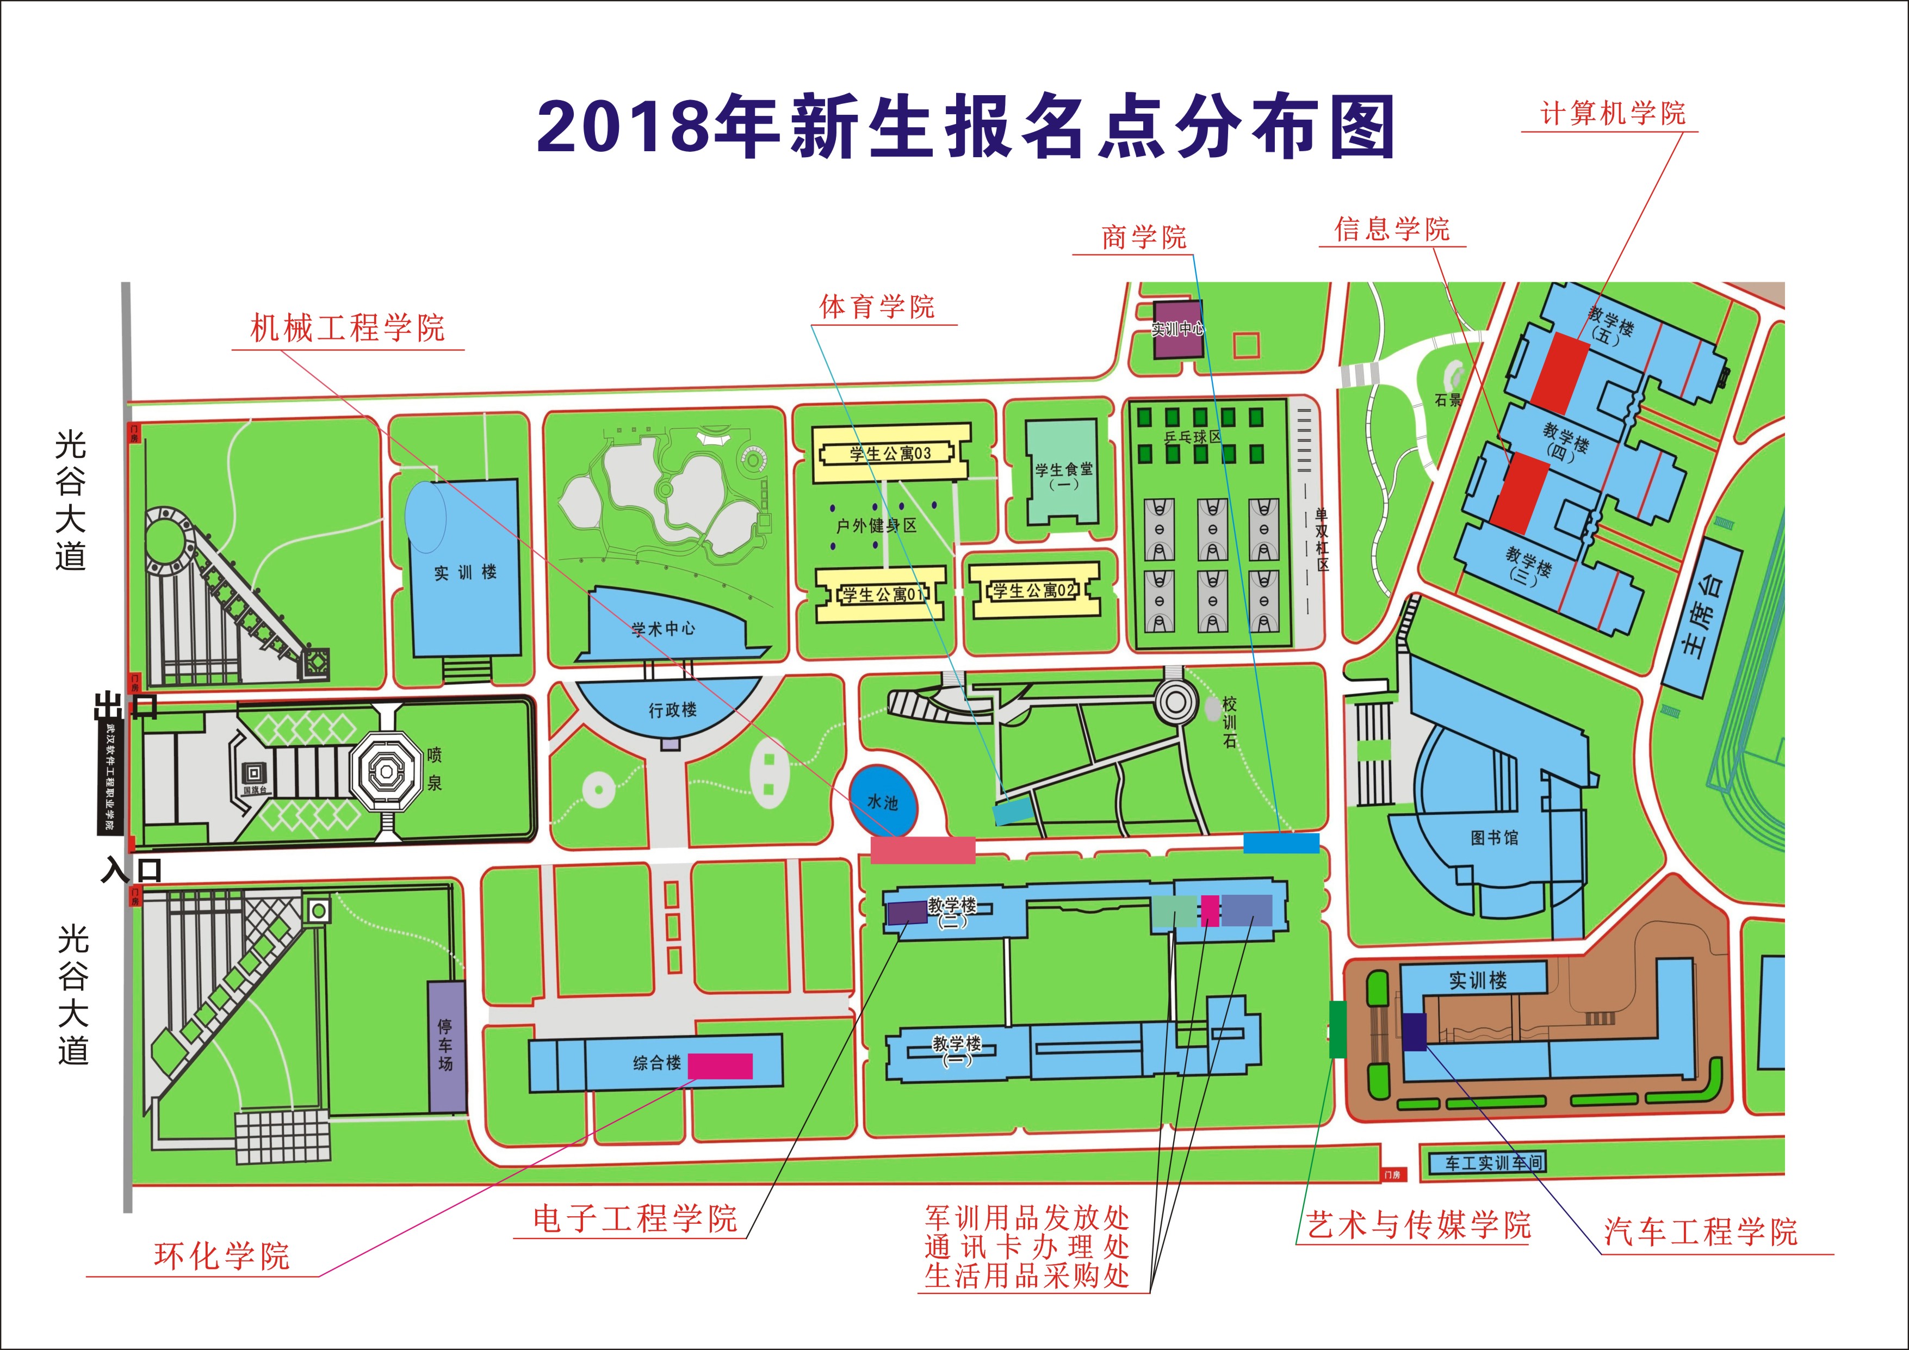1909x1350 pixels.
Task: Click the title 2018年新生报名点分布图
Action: point(965,127)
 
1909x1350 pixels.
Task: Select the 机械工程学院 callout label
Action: point(348,329)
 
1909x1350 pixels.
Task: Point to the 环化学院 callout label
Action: point(221,1255)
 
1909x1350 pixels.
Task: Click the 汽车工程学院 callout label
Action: point(1700,1231)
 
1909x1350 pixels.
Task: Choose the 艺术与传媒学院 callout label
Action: point(1418,1224)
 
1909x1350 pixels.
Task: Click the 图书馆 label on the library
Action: point(1494,838)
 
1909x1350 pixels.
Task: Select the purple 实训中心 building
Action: point(1177,329)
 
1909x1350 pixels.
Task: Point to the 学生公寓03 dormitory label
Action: point(890,454)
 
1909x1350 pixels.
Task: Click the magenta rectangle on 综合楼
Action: point(720,1066)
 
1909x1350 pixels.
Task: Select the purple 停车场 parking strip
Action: point(447,1046)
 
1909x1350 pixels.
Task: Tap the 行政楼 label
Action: point(673,710)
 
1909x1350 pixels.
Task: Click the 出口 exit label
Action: point(125,707)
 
